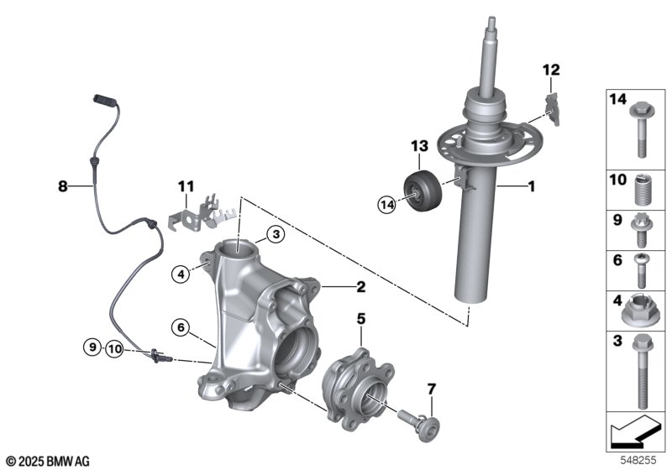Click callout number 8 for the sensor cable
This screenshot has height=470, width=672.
[x=61, y=188]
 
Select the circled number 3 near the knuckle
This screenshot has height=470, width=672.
[x=275, y=235]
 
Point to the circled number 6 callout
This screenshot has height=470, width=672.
[x=179, y=326]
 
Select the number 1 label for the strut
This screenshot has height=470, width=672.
[x=531, y=188]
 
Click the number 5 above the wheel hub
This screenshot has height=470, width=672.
[x=361, y=319]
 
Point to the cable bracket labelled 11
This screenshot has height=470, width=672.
[x=202, y=213]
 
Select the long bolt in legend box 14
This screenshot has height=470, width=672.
[x=639, y=130]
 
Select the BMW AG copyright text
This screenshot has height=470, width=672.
[x=47, y=462]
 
